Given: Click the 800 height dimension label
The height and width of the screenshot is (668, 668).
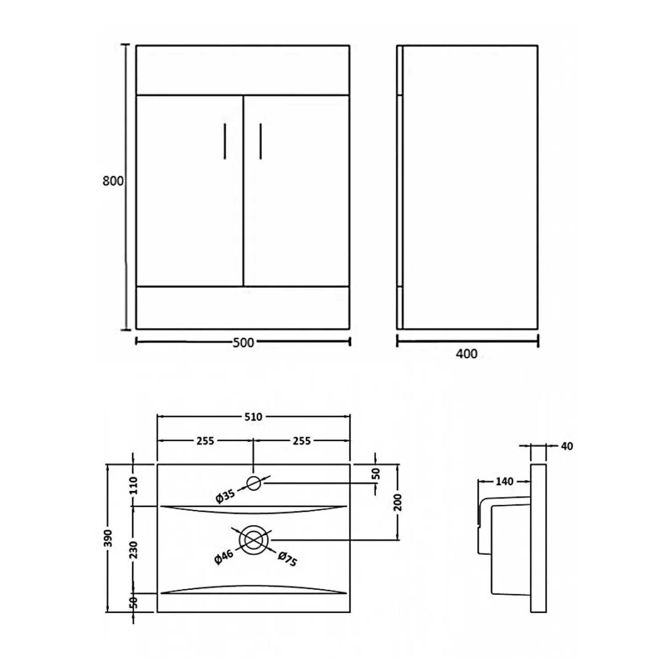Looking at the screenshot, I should pos(113,181).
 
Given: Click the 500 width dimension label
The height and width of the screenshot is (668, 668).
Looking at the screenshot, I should pos(243,342).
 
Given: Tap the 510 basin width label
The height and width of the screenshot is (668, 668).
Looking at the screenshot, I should pos(253,417).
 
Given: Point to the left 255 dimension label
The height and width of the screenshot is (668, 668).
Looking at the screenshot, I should pos(205,441).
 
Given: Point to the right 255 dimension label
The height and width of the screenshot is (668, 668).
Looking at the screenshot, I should pos(301,441).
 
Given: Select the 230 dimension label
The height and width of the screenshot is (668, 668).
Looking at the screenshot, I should pos(134,550).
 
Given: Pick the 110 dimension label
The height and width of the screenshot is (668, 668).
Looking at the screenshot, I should pos(134,485).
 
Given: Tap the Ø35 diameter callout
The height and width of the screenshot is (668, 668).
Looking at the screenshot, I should pos(225,495).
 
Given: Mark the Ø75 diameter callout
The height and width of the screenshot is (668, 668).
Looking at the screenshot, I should pos(287,559).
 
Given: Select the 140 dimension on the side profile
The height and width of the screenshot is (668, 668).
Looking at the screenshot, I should pos(504,481).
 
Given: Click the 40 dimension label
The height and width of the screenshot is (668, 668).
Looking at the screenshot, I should pos(566,446).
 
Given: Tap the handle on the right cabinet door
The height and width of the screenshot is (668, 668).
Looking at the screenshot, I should pos(261,141).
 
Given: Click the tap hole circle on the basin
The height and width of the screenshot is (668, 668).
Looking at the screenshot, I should pos(253,483).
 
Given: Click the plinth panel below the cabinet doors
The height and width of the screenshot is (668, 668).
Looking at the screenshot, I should pos(243,308).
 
